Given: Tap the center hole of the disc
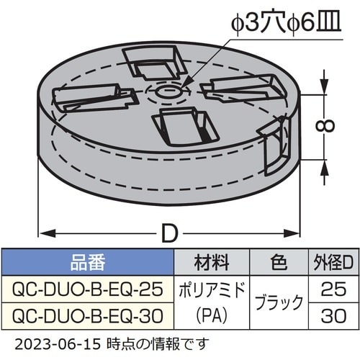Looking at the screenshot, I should pos(167,93).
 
